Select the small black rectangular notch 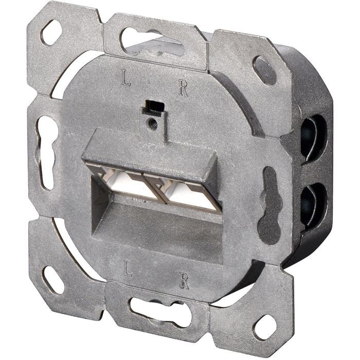152,106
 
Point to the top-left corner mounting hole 52,33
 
